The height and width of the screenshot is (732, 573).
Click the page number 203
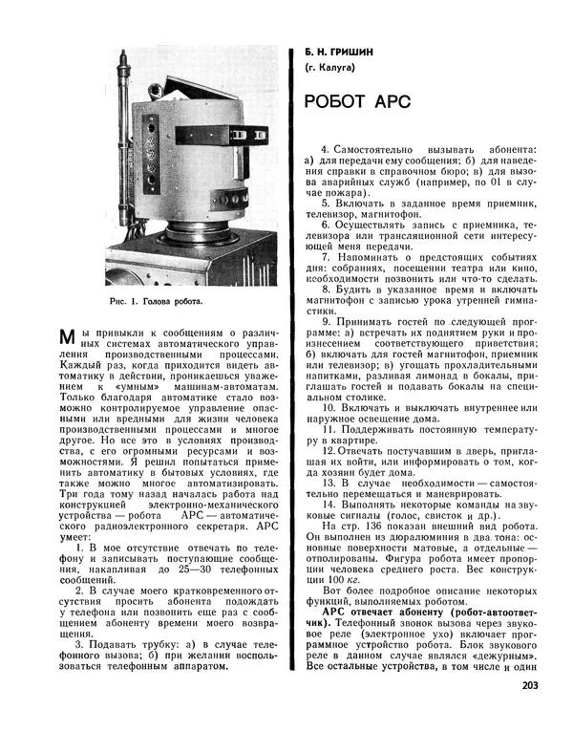533,711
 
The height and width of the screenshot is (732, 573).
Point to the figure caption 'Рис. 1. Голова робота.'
157,299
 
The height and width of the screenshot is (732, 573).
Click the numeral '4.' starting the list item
325,150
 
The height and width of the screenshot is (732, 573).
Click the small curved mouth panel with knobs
230,198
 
